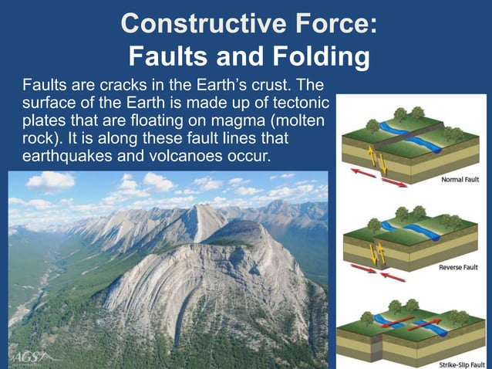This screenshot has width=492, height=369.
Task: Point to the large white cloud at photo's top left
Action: (x=51, y=181)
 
